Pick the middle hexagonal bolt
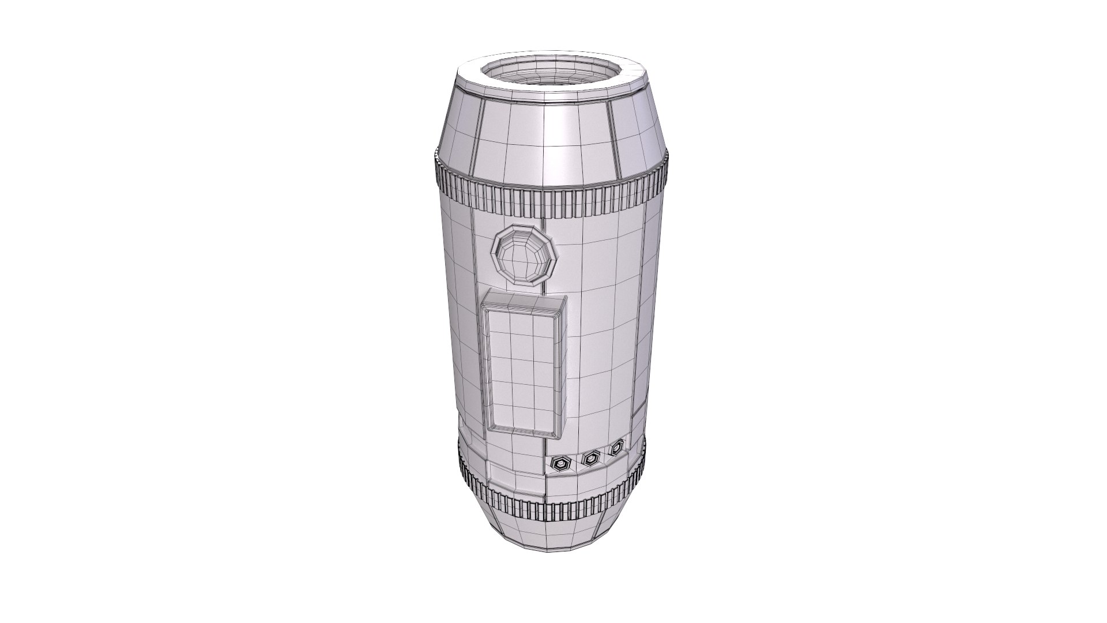click(x=590, y=459)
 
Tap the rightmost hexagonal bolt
click(x=617, y=446)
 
